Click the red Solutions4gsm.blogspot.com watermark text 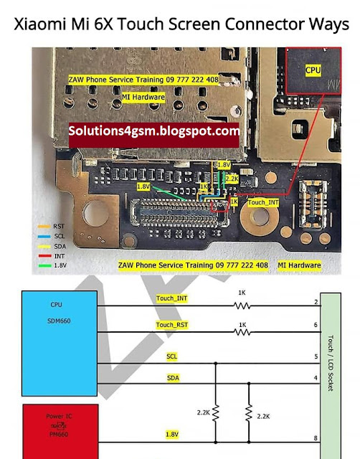(154, 131)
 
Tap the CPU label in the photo (313, 71)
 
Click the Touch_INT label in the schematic (173, 297)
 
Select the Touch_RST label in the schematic (173, 325)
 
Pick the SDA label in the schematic (174, 377)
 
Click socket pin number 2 (316, 302)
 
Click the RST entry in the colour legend (51, 225)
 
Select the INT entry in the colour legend (49, 255)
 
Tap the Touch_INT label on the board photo (264, 203)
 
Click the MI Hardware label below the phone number (143, 96)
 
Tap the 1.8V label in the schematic (173, 435)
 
